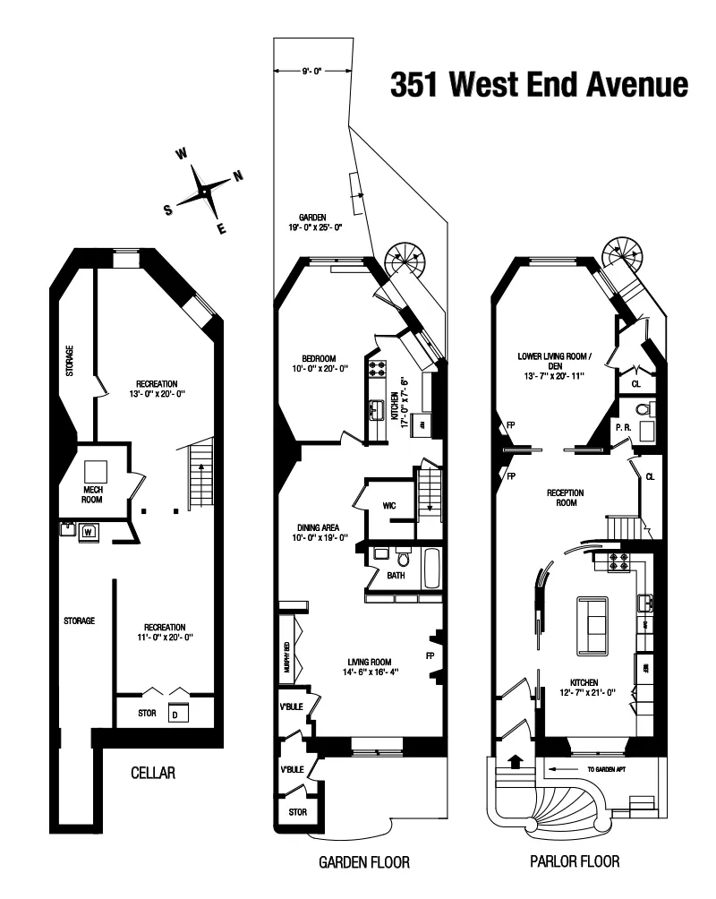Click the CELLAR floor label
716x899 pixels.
(x=152, y=773)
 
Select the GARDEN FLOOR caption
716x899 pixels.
(x=363, y=863)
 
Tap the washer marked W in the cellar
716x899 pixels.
(x=89, y=531)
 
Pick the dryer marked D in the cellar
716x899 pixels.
(x=175, y=714)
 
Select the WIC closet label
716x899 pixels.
(x=389, y=506)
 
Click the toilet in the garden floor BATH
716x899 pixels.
(x=402, y=559)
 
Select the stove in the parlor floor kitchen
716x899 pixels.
(x=618, y=561)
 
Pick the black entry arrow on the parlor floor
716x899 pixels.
(x=515, y=763)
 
